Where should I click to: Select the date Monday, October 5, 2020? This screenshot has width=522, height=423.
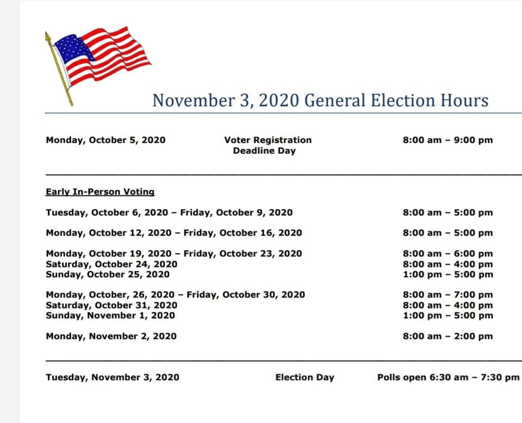[x=105, y=140]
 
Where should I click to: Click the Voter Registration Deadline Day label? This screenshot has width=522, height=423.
[x=268, y=146]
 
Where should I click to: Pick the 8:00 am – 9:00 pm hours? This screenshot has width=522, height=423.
[x=448, y=140]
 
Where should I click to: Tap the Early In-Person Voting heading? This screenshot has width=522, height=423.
[x=100, y=192]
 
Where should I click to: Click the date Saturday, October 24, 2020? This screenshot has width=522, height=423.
[x=111, y=264]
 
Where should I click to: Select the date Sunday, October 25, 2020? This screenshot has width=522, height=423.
[x=108, y=274]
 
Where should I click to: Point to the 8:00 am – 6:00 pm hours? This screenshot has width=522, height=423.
[x=448, y=254]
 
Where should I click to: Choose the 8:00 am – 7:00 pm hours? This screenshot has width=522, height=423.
[x=448, y=295]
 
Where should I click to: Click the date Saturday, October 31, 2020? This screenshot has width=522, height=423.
[x=111, y=305]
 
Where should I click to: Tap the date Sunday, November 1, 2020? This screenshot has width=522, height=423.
[x=110, y=315]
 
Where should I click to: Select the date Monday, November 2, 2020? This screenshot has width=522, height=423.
[x=111, y=336]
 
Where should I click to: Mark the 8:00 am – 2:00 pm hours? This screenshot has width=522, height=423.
[x=448, y=336]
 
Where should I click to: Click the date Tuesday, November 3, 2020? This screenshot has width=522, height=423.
[x=113, y=377]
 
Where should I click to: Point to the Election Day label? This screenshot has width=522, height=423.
[x=304, y=377]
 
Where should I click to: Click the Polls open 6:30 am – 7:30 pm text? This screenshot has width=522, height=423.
[x=448, y=377]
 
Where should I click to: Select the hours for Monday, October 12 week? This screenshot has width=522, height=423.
[x=448, y=233]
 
